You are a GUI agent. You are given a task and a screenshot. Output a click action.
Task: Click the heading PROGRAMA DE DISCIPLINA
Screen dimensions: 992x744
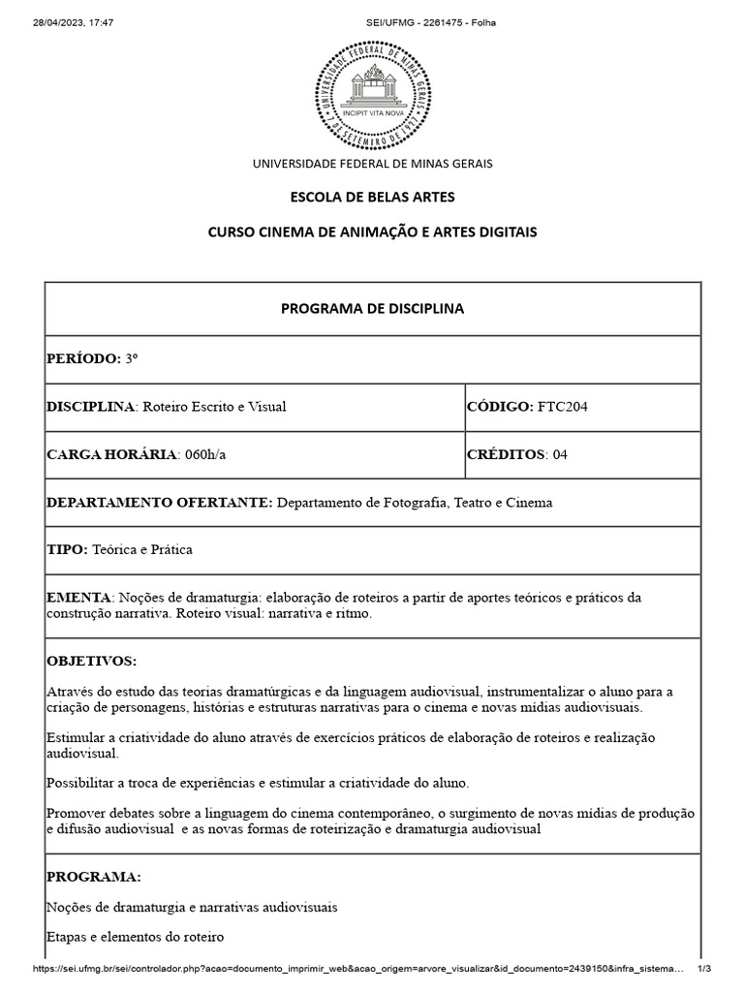(372, 308)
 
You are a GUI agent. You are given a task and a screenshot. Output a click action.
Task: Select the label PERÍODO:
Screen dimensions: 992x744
(83, 358)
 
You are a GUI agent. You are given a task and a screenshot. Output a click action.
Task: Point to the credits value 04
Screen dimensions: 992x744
(560, 454)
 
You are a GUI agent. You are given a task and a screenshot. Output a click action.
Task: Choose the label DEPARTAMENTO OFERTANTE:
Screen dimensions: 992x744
(160, 502)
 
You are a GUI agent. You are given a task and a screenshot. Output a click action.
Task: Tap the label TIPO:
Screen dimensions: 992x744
(67, 549)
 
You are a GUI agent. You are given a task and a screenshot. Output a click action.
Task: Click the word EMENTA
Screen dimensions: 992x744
(79, 597)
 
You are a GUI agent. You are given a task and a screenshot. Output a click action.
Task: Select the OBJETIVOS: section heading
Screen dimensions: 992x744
(92, 661)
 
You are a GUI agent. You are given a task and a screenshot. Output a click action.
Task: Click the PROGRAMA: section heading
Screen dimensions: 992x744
(94, 877)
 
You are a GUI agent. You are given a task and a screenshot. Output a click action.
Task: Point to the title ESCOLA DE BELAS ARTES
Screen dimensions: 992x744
(372, 198)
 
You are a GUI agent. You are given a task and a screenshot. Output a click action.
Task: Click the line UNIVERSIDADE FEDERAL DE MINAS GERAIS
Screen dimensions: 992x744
(372, 164)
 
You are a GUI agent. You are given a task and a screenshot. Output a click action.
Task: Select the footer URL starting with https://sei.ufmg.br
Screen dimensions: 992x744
(358, 970)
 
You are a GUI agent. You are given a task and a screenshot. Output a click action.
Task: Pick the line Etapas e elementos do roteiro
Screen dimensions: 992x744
(135, 937)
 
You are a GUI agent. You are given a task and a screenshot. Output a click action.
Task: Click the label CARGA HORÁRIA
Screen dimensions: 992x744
(111, 454)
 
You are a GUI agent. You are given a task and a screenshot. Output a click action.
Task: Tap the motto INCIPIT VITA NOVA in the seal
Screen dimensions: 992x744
(372, 113)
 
